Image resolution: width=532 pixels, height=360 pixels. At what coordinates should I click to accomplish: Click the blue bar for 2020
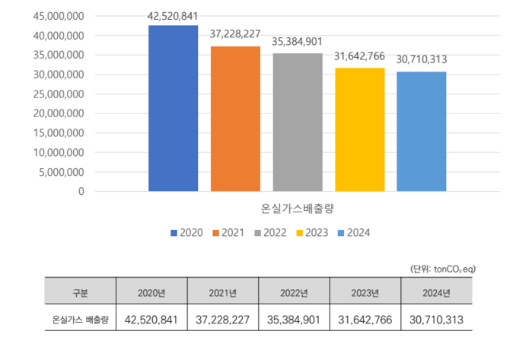point(173,108)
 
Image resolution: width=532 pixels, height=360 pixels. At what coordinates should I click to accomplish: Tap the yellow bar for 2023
point(359,129)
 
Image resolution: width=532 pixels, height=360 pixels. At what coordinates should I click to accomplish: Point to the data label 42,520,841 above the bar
point(173,16)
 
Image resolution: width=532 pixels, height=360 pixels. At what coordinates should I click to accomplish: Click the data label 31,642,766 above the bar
point(359,59)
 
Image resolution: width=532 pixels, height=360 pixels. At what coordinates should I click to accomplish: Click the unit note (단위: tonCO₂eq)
point(441,269)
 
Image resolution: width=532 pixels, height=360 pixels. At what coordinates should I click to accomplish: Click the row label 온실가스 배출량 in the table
point(80,320)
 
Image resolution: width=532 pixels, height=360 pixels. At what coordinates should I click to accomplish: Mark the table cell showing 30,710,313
point(437,320)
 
